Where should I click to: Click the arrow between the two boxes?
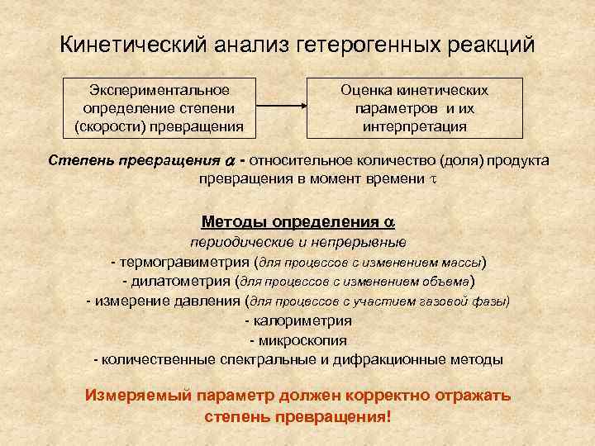tap(280, 107)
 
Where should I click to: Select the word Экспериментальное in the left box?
tap(159, 90)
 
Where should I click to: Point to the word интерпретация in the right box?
tap(415, 126)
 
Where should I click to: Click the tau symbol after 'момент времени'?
tap(431, 178)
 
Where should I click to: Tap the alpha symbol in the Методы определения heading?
tap(389, 222)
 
